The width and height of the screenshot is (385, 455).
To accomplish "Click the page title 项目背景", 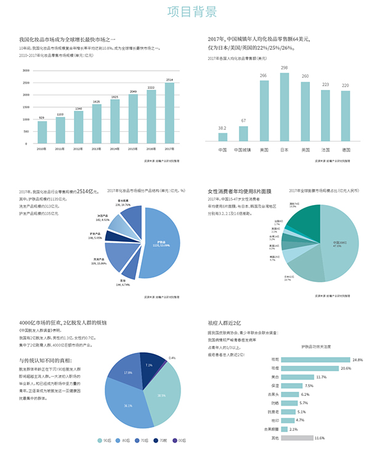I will [192, 12].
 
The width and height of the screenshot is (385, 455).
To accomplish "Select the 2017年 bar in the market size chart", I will [169, 114].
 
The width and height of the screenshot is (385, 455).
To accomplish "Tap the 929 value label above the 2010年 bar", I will [41, 118].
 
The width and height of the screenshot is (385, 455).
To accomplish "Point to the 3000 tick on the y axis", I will [26, 70].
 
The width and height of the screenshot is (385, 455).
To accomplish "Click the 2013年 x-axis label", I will [96, 149].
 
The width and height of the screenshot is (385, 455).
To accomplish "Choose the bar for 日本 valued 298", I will [284, 108].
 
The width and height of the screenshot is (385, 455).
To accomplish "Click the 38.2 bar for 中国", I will [222, 137].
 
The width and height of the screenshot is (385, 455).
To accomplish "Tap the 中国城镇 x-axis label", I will [243, 150].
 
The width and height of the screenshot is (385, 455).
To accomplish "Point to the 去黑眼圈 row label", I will [271, 429].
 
